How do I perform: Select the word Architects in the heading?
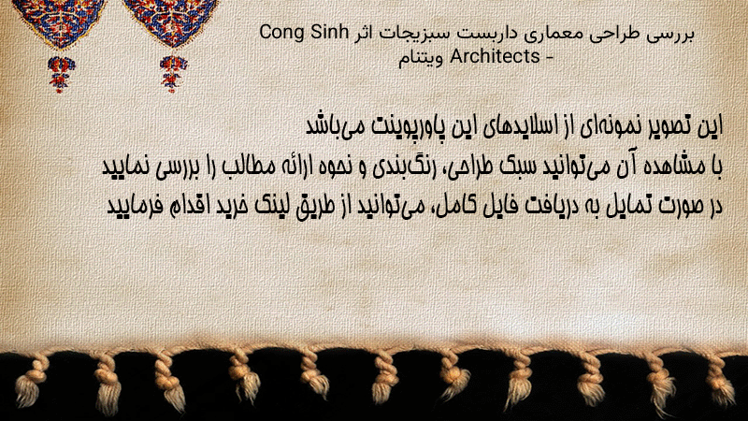coord(495,56)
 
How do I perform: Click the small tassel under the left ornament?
coord(61,74)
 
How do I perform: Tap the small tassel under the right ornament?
coord(173,74)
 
